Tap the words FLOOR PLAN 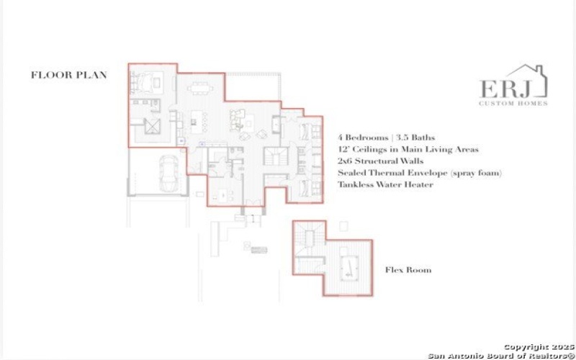[x=68, y=74]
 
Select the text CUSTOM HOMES [x=513, y=103]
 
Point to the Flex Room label [x=408, y=270]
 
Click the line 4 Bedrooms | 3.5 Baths [x=387, y=137]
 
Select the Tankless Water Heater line [x=385, y=185]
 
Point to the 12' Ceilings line [x=408, y=149]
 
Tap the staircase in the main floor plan [x=275, y=155]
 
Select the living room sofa [x=239, y=118]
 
